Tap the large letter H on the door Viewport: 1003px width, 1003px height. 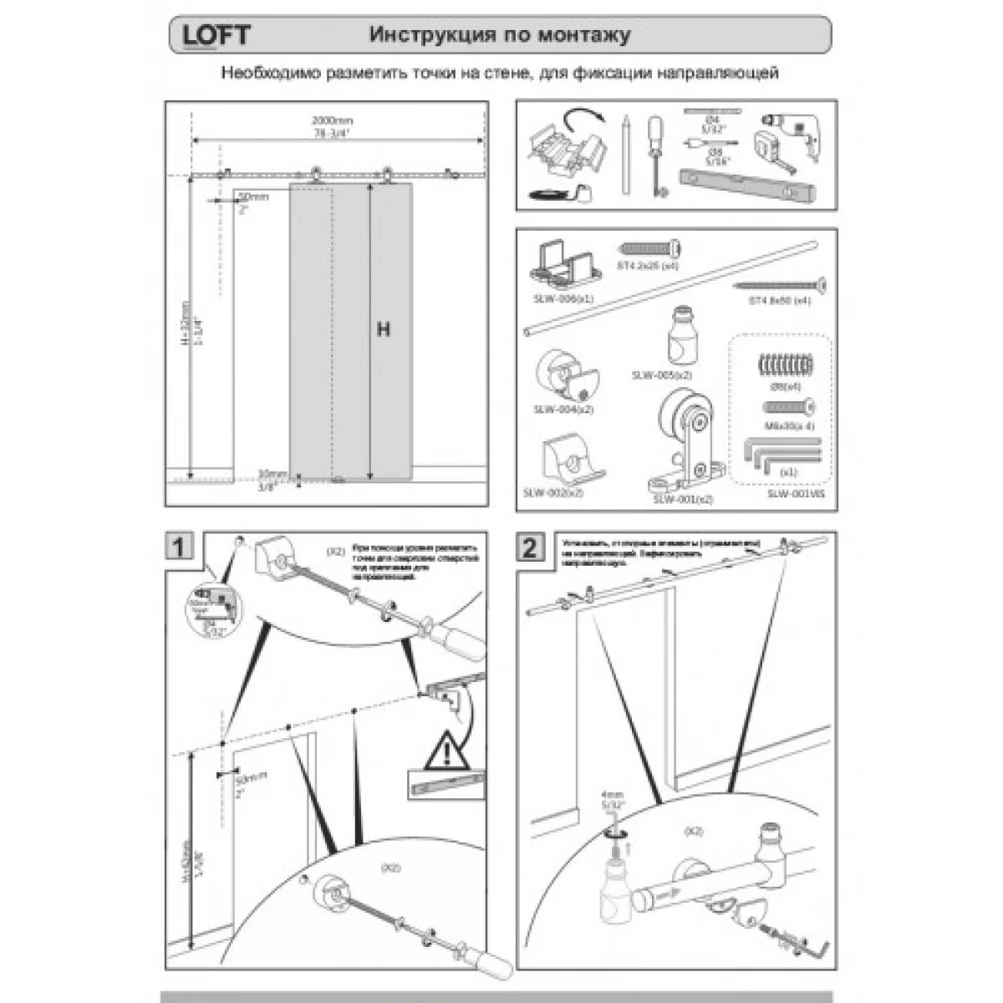(383, 330)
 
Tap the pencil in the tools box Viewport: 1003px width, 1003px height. (624, 155)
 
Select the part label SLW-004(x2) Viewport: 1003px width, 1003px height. (563, 410)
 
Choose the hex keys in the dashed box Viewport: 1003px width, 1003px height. (782, 455)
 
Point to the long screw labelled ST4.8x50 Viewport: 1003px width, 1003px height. (782, 287)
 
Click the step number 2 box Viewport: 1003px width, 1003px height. (529, 548)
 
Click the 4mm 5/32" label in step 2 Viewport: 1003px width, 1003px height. (612, 801)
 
